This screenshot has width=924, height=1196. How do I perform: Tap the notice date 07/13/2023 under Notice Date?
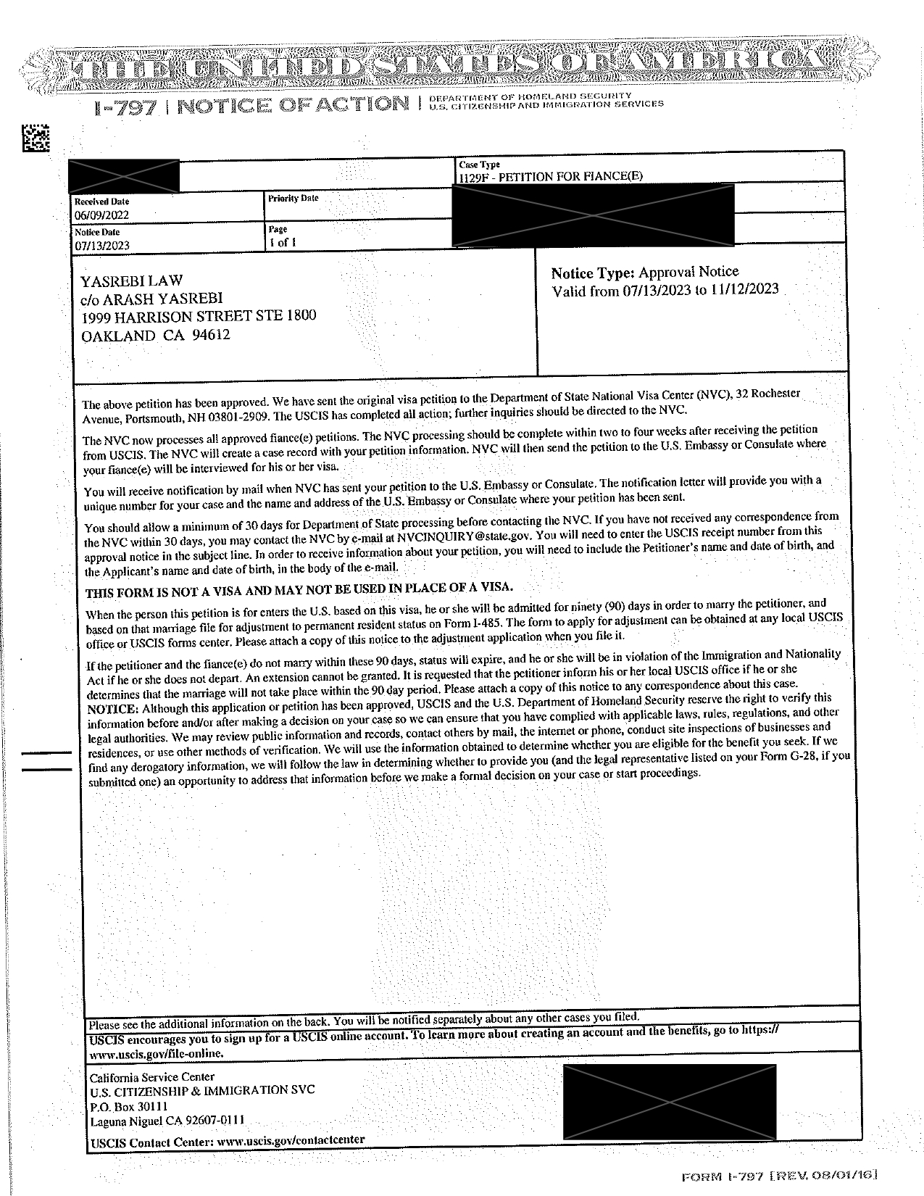[101, 245]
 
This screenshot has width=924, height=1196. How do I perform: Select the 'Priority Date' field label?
[293, 199]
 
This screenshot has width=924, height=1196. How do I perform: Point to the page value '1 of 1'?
[282, 243]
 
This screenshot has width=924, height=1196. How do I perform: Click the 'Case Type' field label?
[479, 165]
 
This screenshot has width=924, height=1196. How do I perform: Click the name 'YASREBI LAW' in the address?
[131, 281]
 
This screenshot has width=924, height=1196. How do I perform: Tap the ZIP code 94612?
[210, 336]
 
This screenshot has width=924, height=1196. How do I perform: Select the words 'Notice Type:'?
[593, 273]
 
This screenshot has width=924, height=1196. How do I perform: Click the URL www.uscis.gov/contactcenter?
[291, 1140]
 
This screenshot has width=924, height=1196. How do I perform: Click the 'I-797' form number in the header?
[125, 107]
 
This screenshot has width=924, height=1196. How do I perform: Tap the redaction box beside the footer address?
[669, 1102]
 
